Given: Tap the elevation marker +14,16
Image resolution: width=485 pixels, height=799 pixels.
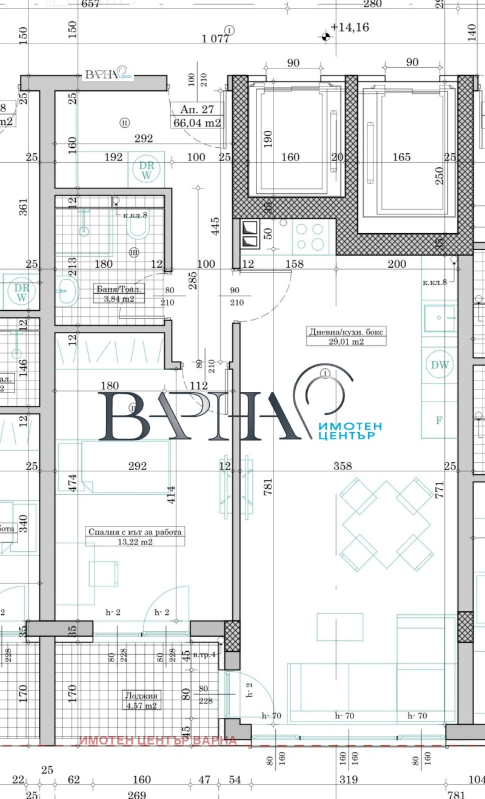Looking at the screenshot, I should click(350, 27).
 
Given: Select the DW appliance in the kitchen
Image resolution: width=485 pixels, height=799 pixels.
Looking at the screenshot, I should click(440, 365).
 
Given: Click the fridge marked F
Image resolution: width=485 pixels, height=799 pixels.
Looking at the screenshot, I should click(440, 419).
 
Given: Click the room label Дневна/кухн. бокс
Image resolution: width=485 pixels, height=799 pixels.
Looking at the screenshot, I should click(339, 332).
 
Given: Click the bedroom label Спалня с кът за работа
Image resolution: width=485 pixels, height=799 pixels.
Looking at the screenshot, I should click(135, 532).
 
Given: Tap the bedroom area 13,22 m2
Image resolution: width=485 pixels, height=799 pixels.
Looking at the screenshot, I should click(135, 542).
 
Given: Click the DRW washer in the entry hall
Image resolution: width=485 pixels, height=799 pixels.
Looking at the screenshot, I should click(145, 169).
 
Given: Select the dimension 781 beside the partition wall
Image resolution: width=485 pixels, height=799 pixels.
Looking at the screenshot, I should click(267, 485).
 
